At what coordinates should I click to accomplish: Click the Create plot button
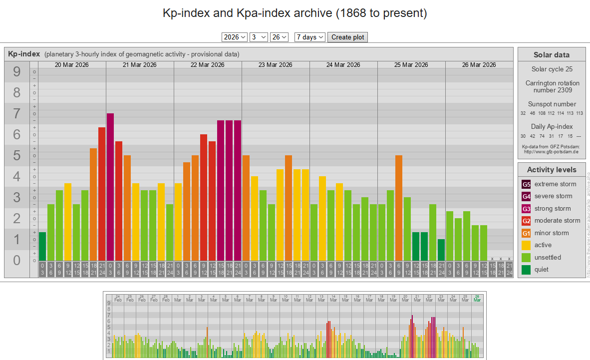point(347,37)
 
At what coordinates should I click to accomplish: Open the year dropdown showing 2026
point(235,37)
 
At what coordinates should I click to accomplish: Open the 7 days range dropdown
point(309,37)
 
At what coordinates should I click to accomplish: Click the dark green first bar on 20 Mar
point(42,246)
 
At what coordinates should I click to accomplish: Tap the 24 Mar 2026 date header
point(343,65)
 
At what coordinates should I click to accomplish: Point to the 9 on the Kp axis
point(16,72)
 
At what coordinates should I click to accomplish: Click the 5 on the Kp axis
point(16,156)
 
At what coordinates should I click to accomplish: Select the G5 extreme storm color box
point(527,184)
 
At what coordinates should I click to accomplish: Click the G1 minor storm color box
point(527,233)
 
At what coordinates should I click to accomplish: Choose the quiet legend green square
point(527,270)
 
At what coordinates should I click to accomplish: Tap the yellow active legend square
point(527,245)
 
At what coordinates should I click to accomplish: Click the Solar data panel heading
point(552,55)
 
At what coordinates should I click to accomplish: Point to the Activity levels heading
point(552,170)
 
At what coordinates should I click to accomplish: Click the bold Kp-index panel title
point(24,54)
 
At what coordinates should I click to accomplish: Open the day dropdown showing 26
point(279,37)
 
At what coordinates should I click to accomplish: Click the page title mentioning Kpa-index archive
point(295,13)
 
